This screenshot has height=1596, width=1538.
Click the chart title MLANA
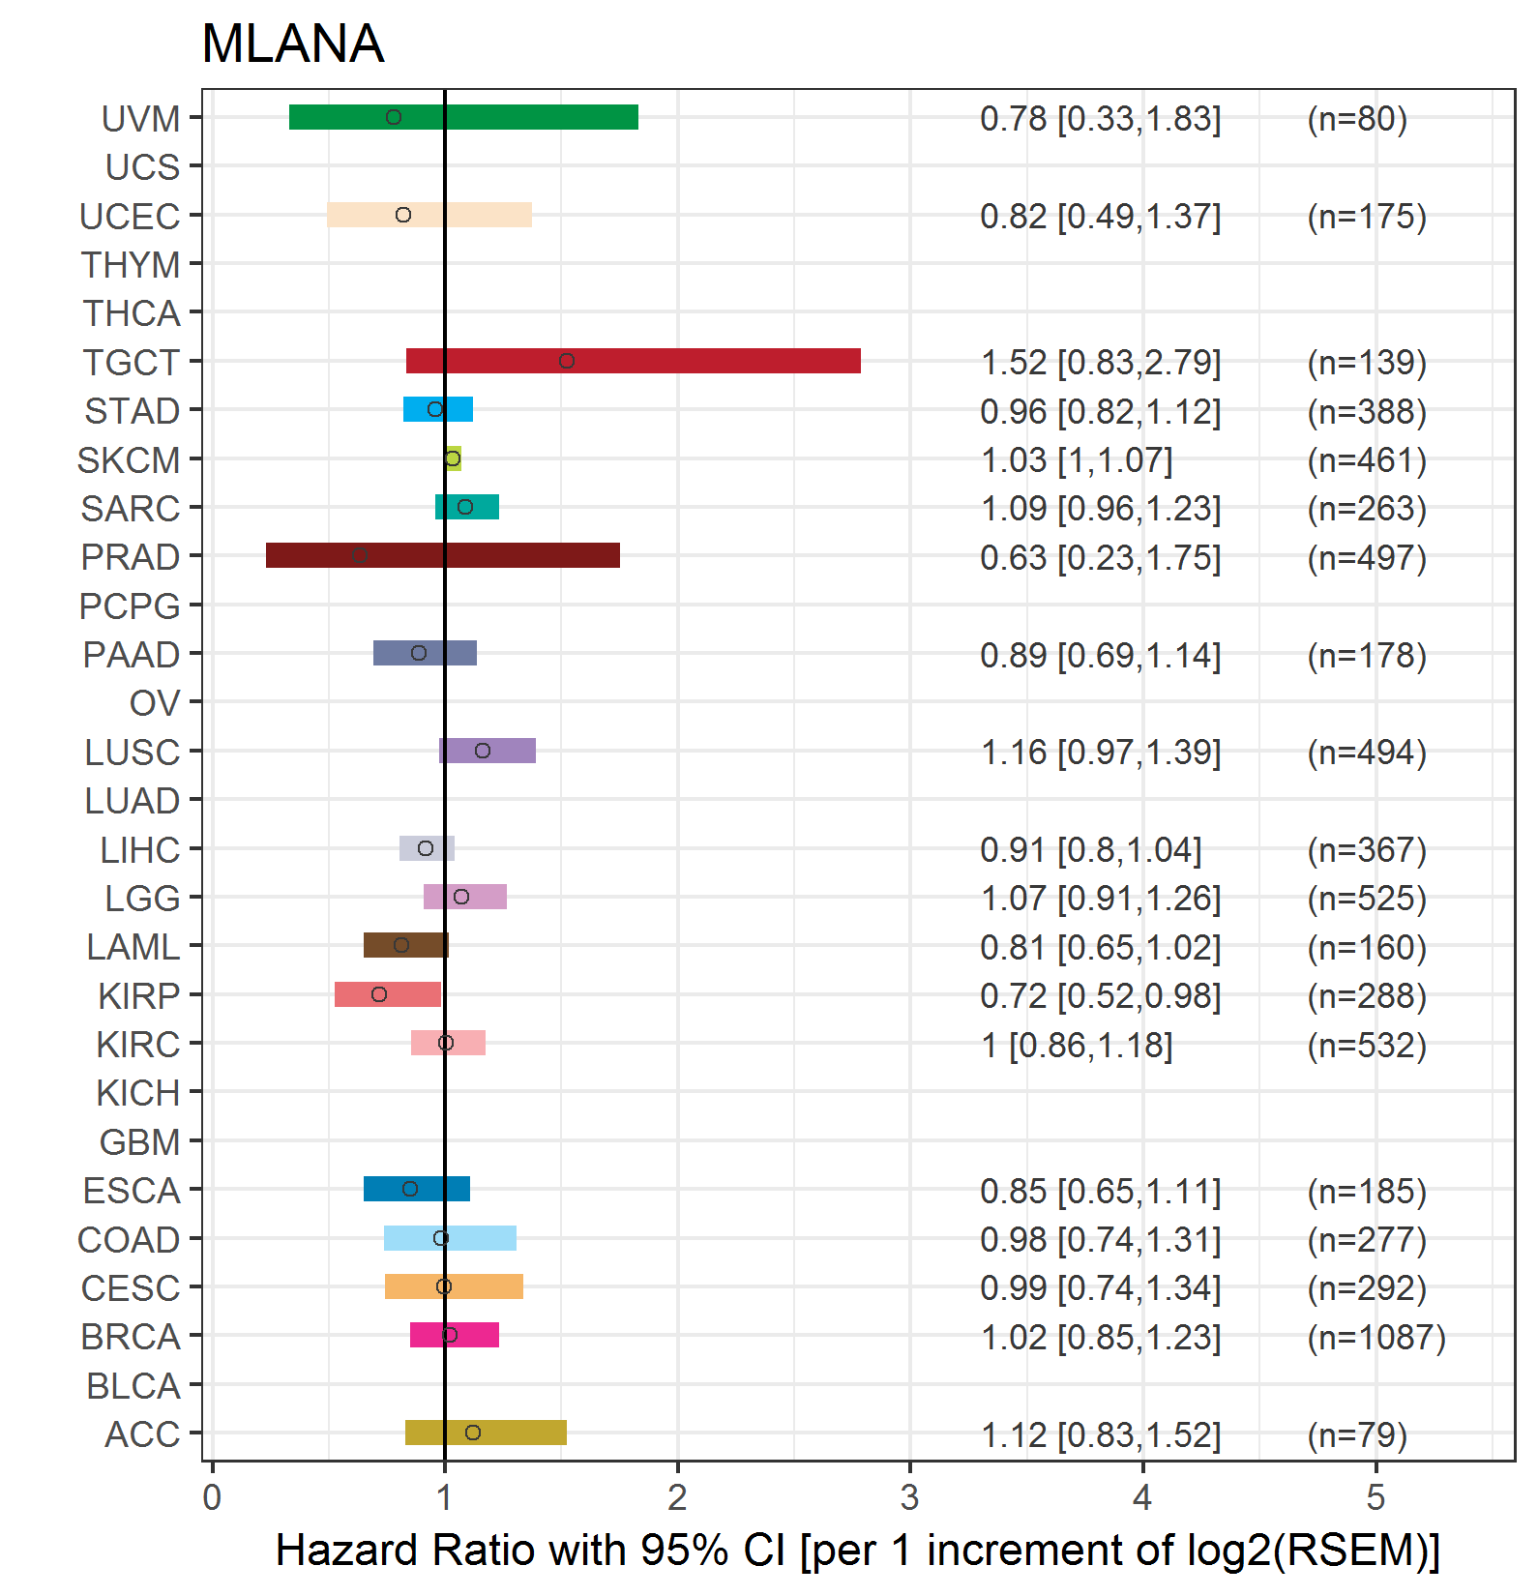coord(292,44)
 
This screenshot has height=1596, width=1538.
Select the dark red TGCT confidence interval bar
coord(634,361)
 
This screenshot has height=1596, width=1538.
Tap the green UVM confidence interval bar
coord(463,117)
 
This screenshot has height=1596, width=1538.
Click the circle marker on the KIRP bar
coord(379,994)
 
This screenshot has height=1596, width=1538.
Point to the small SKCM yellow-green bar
coord(453,458)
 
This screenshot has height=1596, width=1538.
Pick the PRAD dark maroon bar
coord(443,555)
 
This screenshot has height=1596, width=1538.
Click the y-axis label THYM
coord(131,264)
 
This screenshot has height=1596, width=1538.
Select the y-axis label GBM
coord(139,1141)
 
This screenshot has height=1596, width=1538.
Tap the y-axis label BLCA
coord(133,1385)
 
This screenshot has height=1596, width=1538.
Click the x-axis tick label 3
coord(909,1497)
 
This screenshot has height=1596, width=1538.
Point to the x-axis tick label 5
coord(1375,1497)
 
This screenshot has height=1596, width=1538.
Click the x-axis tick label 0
coord(212,1497)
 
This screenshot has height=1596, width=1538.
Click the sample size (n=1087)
coord(1376,1337)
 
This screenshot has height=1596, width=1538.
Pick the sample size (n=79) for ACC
coord(1357,1434)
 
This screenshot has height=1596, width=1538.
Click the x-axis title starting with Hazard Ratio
coord(858,1551)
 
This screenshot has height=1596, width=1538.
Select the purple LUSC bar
coord(488,751)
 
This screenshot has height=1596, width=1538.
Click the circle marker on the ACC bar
coord(473,1433)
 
